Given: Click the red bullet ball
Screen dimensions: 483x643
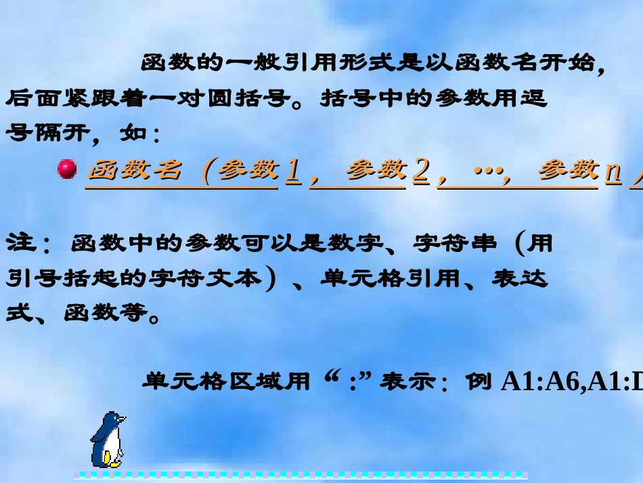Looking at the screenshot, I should [67, 169].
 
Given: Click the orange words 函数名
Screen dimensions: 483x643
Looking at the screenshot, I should [136, 170].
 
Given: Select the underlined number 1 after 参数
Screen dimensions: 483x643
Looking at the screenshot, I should [292, 171].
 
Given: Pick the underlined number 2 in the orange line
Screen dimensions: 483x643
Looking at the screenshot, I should [420, 171].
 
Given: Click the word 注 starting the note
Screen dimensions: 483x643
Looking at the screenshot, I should [20, 244].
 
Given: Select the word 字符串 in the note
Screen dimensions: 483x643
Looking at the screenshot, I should [455, 244].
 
